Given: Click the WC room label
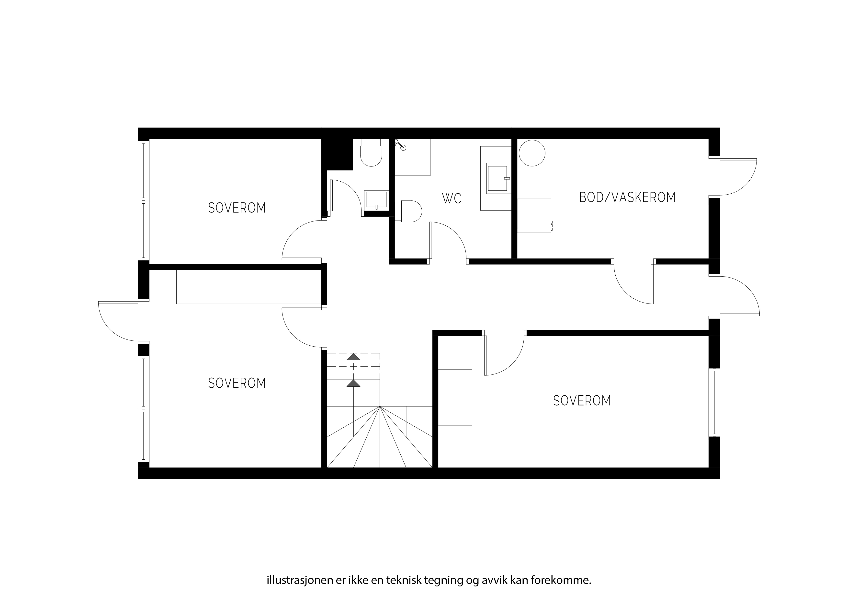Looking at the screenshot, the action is click(x=452, y=198).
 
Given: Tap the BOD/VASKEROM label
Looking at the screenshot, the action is click(x=627, y=197).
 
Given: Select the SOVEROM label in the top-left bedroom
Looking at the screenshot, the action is click(x=237, y=208).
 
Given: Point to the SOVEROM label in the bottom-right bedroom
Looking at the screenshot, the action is click(x=582, y=401).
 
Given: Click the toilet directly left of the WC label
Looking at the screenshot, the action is click(x=409, y=211).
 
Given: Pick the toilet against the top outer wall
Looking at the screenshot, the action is click(x=371, y=152).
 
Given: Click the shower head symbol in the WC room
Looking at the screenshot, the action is click(x=400, y=145).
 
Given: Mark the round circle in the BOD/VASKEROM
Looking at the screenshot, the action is click(x=532, y=153).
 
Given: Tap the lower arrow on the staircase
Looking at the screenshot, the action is click(x=353, y=383).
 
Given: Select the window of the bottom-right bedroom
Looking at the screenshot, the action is click(x=714, y=402).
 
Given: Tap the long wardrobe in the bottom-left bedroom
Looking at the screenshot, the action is click(x=249, y=287).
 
